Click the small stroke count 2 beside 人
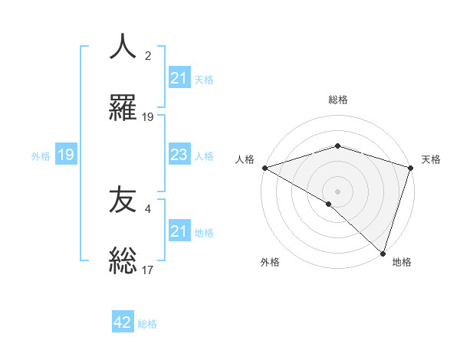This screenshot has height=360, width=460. [x=148, y=56]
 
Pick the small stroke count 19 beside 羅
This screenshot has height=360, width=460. [x=148, y=116]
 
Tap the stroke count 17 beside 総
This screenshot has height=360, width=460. [x=148, y=269]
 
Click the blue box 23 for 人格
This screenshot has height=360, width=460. [x=179, y=155]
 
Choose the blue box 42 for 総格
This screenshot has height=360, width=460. [x=123, y=323]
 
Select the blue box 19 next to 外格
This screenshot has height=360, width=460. [x=65, y=155]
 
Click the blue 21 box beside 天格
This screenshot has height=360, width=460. [x=179, y=78]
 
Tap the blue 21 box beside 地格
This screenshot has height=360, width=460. [x=179, y=231]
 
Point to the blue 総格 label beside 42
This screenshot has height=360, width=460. [x=147, y=324]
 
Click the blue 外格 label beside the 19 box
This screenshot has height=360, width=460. [x=41, y=156]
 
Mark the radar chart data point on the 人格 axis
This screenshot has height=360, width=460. [x=264, y=168]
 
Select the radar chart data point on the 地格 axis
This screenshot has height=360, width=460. [x=382, y=253]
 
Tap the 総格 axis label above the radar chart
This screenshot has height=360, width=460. [x=338, y=100]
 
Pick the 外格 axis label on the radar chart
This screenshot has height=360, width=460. [x=270, y=263]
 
